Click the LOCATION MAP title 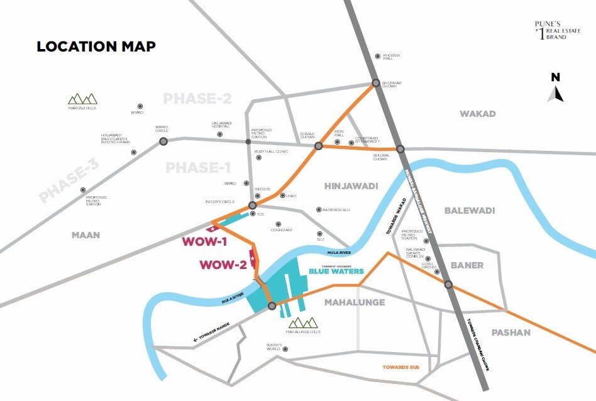point(96,47)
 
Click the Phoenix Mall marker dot point(377,56)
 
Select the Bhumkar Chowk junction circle point(375,83)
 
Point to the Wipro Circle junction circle point(163,141)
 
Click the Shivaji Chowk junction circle point(318,146)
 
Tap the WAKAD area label point(477,114)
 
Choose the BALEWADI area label point(470,210)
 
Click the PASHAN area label point(510,332)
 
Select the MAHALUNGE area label point(354,302)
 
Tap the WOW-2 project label point(223,265)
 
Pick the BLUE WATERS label point(336,272)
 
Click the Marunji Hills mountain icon point(83,99)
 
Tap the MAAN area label point(86,235)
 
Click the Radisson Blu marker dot point(319,210)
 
